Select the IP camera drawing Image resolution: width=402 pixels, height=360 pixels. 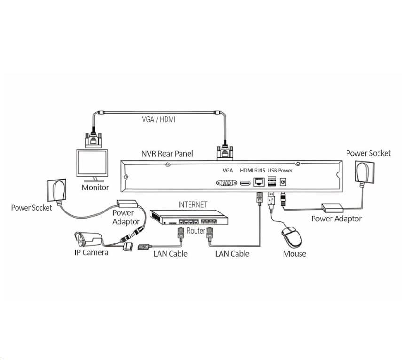[x=89, y=239]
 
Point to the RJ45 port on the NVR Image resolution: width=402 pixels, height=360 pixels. [x=259, y=182]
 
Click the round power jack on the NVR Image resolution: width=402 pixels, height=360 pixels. [x=284, y=182]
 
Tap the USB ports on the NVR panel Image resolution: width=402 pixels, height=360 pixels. [x=272, y=182]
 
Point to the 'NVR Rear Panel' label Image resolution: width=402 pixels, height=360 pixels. [x=167, y=154]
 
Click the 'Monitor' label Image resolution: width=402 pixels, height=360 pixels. [x=95, y=187]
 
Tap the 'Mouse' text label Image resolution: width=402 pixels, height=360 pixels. [x=294, y=254]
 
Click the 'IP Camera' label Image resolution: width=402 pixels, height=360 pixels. [x=91, y=252]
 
